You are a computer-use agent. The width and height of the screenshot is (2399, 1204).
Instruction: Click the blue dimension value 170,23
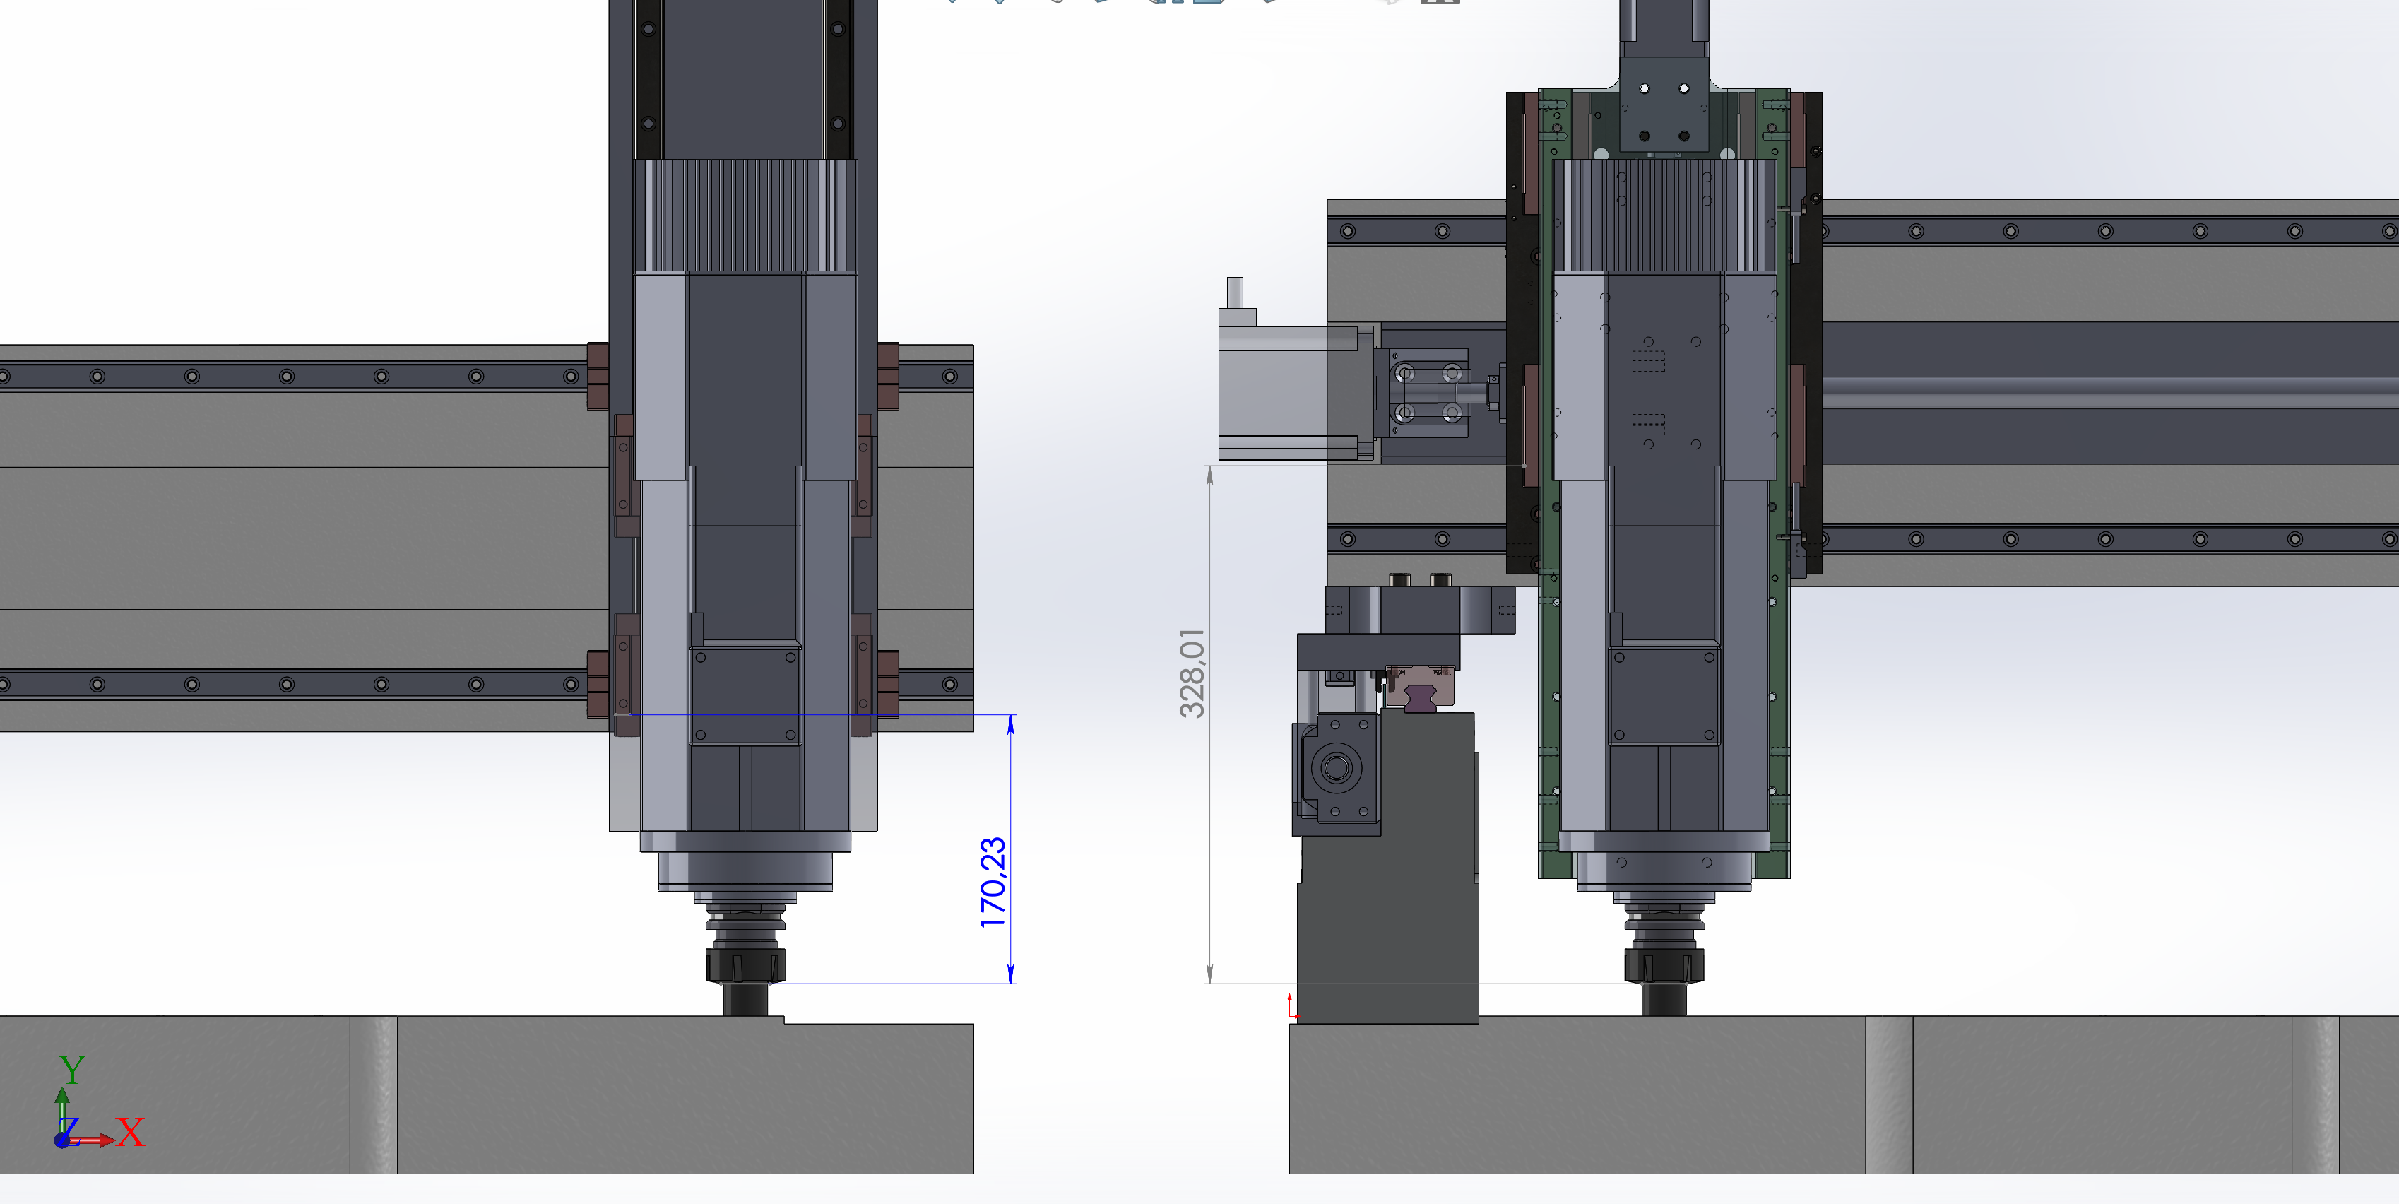[x=993, y=882]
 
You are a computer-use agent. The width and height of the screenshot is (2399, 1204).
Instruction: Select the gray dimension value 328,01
[x=1192, y=673]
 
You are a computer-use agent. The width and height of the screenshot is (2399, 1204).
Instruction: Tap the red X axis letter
[x=131, y=1133]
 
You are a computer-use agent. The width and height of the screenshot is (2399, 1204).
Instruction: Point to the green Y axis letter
[x=72, y=1069]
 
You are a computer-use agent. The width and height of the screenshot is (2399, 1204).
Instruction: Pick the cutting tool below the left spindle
[x=746, y=999]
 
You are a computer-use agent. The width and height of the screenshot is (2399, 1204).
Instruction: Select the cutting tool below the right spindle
[x=1664, y=999]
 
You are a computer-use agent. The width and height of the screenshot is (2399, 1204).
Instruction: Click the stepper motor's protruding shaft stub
[x=1235, y=291]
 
